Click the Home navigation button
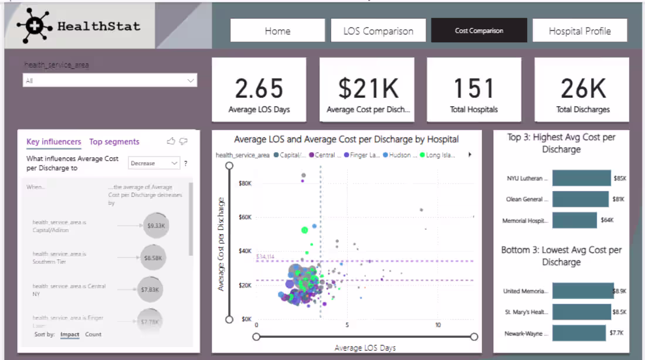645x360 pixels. tap(277, 30)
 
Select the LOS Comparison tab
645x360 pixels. tap(378, 30)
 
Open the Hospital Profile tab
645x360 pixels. tap(579, 30)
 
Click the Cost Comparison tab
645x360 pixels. tap(478, 30)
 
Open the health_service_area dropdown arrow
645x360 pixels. tap(191, 80)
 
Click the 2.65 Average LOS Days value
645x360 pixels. tap(259, 89)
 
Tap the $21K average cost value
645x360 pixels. tap(368, 89)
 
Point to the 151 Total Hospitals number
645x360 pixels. tap(474, 89)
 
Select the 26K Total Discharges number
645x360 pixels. tap(582, 89)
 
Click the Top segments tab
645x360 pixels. tap(114, 141)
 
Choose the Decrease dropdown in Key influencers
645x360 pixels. tap(154, 163)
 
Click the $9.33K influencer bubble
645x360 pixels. tap(156, 225)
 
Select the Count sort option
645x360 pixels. tap(93, 334)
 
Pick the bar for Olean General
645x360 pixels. tap(580, 199)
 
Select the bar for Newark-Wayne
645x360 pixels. tap(579, 334)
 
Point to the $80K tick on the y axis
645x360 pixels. tap(245, 184)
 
